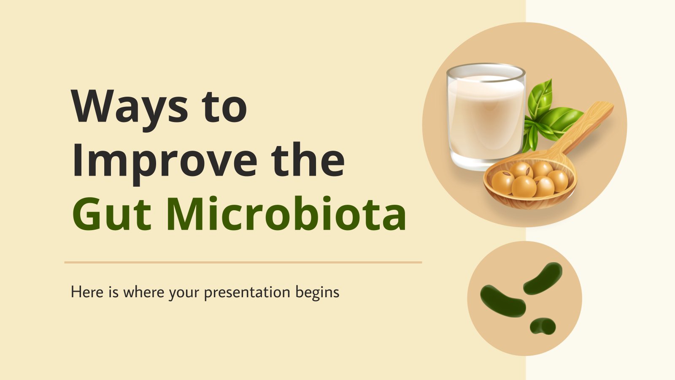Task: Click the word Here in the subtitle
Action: (x=87, y=292)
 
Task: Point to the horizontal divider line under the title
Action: (x=243, y=262)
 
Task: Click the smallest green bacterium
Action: (x=543, y=326)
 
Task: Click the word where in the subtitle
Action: (x=144, y=292)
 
